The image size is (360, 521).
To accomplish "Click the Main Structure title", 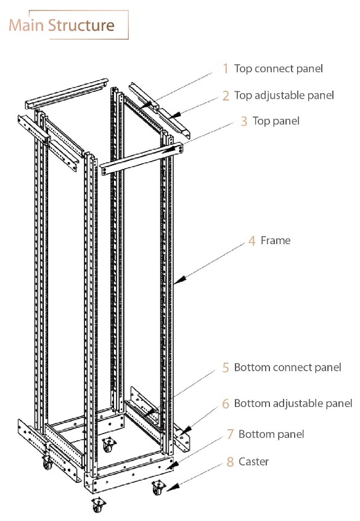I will tap(62, 25).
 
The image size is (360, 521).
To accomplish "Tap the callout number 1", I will tap(226, 68).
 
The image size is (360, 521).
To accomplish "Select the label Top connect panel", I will tap(279, 68).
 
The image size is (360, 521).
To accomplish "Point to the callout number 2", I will tap(226, 96).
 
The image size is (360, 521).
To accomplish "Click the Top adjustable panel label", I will tap(284, 95).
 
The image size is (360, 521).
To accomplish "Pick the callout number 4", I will tap(252, 240).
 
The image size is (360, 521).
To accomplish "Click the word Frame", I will tap(276, 240).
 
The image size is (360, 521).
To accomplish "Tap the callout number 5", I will tap(226, 367).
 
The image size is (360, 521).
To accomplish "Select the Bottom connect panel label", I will tap(287, 367).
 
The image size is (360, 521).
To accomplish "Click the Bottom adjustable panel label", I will tap(293, 403).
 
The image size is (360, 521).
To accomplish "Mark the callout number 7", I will tap(230, 434).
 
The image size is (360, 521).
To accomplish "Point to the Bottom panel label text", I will tap(271, 434).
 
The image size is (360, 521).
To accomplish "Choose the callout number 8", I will tap(230, 461).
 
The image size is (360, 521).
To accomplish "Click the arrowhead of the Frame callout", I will tap(176, 282).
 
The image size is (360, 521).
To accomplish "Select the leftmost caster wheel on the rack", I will tap(47, 464).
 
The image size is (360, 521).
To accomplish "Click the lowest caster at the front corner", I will tap(97, 506).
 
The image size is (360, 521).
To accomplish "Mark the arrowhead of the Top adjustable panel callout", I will tap(174, 115).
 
